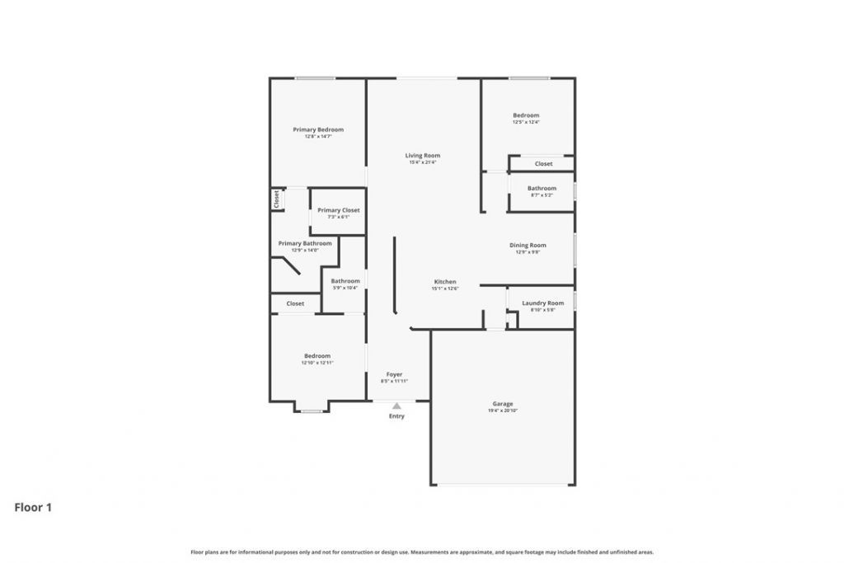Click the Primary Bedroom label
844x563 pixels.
318,129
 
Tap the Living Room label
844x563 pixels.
422,155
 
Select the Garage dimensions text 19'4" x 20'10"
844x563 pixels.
503,411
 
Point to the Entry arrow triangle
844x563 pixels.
396,406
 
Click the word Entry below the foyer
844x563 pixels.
396,416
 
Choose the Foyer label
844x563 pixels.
394,374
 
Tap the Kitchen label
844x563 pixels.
445,282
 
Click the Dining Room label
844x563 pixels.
527,245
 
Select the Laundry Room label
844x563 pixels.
542,303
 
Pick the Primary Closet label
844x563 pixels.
338,210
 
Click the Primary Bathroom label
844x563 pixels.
305,243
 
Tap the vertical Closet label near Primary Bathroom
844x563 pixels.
277,199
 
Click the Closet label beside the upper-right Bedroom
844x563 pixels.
543,163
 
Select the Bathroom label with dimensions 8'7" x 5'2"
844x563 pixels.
542,188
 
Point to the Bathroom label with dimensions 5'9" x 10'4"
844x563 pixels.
345,281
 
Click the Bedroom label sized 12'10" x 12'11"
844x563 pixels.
316,356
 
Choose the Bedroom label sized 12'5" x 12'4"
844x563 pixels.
526,115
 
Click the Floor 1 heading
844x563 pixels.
33,508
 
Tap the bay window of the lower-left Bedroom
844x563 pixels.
311,411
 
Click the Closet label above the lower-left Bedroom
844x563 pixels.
295,303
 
